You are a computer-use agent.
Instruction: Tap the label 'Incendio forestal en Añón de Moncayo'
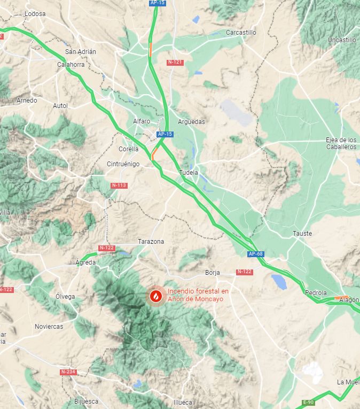tap(198, 295)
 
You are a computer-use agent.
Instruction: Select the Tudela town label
tap(189, 173)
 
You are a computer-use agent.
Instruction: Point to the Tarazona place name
tap(151, 242)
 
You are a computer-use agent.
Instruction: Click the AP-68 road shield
tap(255, 254)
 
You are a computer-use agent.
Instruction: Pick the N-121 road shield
tap(175, 63)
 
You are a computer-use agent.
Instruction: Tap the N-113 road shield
tap(119, 186)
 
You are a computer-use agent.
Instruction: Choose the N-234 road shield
tap(68, 372)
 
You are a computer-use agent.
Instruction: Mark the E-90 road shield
tap(308, 402)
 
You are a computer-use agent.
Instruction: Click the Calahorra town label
tap(72, 65)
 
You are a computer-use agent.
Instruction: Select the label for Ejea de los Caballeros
tap(341, 143)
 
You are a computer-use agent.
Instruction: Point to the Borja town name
tap(212, 273)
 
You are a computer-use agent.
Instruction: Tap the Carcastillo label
tap(241, 33)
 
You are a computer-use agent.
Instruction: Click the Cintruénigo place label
tap(123, 164)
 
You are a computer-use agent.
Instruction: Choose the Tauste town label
tap(302, 234)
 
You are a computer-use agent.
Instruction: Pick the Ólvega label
tap(65, 296)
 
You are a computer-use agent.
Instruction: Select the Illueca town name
tap(183, 402)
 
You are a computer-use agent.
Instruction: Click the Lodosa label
tap(35, 13)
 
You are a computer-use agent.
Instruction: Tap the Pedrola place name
tap(316, 293)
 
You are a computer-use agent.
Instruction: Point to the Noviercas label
tap(49, 326)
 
